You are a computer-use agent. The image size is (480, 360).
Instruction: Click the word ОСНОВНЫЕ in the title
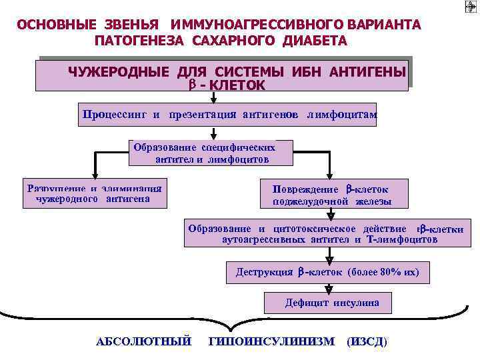54,25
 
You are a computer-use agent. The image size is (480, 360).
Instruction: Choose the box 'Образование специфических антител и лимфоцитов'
211,153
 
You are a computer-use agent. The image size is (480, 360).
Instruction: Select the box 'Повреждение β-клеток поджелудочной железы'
331,195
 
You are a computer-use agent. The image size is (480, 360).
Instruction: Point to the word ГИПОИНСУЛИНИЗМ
271,341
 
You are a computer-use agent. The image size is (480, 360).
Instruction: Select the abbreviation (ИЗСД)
367,341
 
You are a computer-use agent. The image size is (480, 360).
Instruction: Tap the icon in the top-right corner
469,7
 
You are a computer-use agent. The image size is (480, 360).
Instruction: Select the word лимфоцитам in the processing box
343,114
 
